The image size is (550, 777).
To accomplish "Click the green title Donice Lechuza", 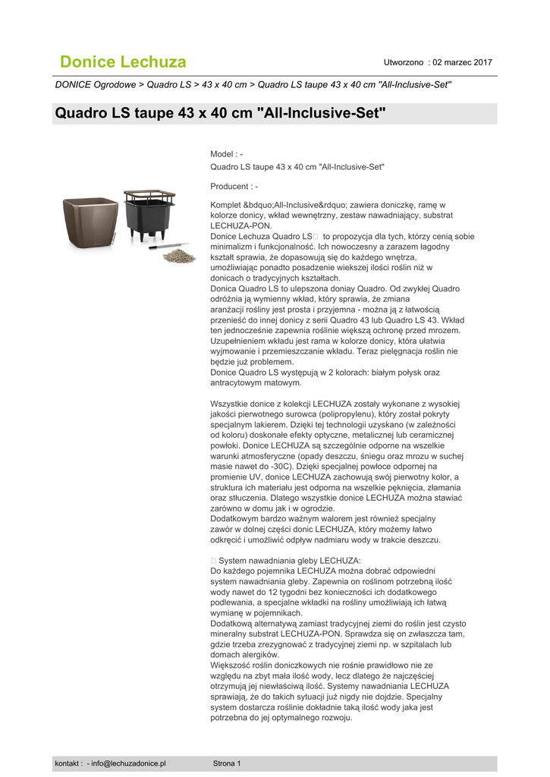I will tap(123, 61).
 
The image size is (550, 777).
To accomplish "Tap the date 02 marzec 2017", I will tap(462, 61).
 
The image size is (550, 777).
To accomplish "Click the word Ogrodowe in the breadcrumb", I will tap(116, 84).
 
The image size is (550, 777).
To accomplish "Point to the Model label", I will tap(223, 154).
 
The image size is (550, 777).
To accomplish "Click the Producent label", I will tap(231, 186).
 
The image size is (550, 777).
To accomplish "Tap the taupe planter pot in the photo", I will tap(90, 221).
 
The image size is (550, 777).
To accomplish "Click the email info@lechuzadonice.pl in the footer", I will tap(128, 763).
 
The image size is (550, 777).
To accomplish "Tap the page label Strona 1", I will tap(227, 763).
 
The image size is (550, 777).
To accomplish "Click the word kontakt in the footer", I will tap(68, 763).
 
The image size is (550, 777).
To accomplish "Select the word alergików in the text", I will tap(262, 654).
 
